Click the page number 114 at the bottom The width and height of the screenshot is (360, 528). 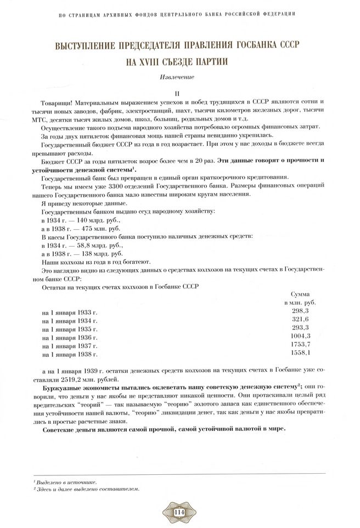click(x=179, y=512)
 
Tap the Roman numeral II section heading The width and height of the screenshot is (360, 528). click(x=179, y=93)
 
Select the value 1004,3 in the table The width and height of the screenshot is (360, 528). click(x=300, y=336)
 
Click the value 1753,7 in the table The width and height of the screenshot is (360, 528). click(x=300, y=345)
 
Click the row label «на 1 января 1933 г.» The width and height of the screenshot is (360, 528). click(x=69, y=312)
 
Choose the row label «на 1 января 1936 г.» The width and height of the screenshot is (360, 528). click(x=69, y=338)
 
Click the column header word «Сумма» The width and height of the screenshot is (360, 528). click(x=300, y=294)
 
